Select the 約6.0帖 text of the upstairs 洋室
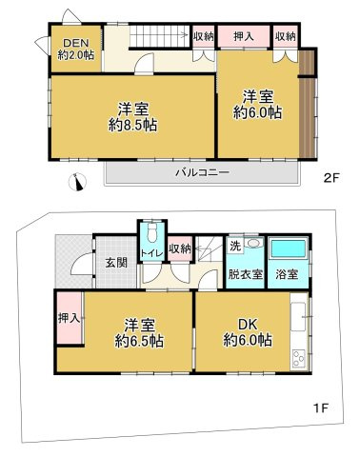[260, 112]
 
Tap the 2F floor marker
[330, 177]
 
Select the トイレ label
[150, 252]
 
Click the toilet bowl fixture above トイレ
[150, 233]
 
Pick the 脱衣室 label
[245, 272]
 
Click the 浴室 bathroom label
[287, 272]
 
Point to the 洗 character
[234, 247]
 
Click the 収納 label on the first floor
[179, 249]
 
